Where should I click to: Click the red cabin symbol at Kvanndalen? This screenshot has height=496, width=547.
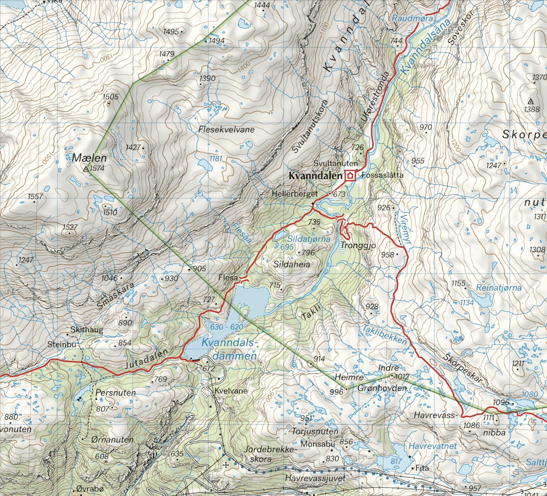(x=350, y=175)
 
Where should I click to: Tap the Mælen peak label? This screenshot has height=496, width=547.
(x=89, y=159)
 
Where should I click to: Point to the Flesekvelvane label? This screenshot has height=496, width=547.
(x=227, y=129)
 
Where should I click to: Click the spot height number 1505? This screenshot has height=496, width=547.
(x=111, y=97)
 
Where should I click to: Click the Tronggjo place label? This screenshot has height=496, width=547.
(x=357, y=245)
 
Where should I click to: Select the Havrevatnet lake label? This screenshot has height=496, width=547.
(x=432, y=446)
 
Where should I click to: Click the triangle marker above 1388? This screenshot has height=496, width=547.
(x=531, y=101)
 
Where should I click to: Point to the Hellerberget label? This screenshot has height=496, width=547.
(x=294, y=194)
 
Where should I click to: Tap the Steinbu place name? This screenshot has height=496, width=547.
(x=62, y=345)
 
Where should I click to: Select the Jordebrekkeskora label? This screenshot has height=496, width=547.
(x=271, y=454)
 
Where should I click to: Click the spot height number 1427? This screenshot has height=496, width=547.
(x=133, y=147)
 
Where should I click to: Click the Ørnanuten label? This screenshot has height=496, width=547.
(x=112, y=440)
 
